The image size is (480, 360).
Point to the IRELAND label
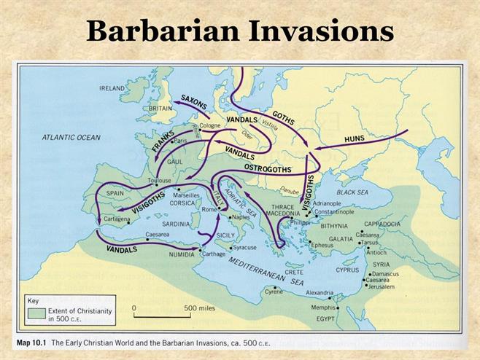[112, 88]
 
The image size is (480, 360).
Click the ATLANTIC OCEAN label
[71, 137]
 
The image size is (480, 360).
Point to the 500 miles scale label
[201, 308]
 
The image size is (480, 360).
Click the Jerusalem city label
[382, 287]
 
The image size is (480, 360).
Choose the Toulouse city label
[159, 179]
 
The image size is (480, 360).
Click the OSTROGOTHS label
[268, 168]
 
